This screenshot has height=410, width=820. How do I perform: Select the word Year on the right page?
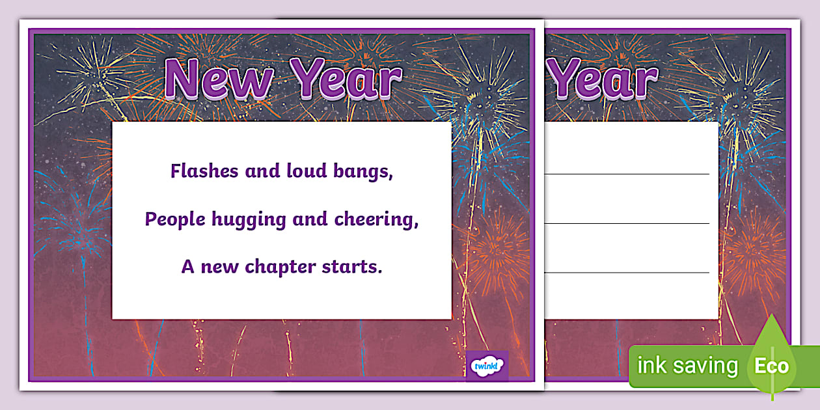[x=602, y=80]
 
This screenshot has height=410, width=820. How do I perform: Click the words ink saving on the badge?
[x=687, y=366]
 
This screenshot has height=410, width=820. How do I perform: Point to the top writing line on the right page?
[x=627, y=174]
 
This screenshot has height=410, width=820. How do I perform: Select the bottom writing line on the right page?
[x=627, y=273]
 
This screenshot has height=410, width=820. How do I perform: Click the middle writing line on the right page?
[x=627, y=223]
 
